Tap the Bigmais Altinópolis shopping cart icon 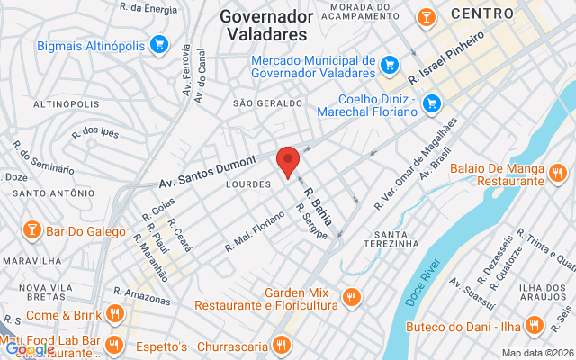(159, 44)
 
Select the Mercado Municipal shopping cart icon (389, 65)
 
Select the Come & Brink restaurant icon (114, 314)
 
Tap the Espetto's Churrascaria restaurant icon (283, 345)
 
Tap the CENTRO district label (482, 13)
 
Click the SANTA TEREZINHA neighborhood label (391, 238)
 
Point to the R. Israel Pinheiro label (446, 55)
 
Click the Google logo (30, 349)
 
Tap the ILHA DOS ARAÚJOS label (542, 294)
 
